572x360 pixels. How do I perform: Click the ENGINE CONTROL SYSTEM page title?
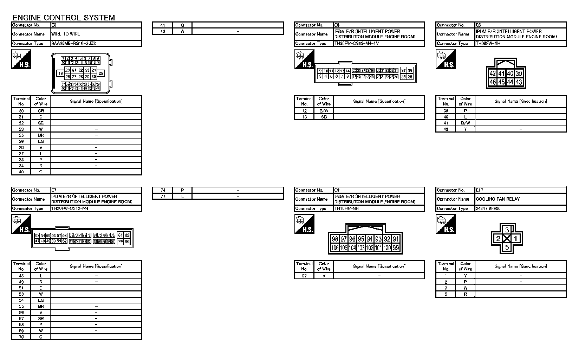[64, 18]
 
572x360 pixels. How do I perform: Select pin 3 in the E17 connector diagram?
[507, 230]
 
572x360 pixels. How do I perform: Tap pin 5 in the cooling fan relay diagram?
[507, 247]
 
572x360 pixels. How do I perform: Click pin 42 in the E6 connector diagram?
[493, 73]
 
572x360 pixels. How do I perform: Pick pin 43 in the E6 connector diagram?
[519, 82]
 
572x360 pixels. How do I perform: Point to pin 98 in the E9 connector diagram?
[335, 239]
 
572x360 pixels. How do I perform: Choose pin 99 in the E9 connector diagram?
[396, 247]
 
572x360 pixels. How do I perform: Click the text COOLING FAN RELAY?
[498, 199]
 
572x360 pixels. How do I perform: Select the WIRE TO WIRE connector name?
[66, 34]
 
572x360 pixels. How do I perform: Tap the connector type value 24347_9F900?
[488, 208]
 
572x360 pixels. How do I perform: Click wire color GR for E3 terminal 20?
[41, 111]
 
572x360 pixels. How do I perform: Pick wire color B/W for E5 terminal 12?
[324, 111]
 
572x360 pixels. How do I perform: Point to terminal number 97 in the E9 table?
[304, 276]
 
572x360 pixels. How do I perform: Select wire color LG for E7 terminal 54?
[41, 301]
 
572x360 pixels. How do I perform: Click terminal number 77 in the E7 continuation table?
[163, 197]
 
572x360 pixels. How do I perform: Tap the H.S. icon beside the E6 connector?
[446, 59]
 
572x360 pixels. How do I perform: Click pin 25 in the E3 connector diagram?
[101, 73]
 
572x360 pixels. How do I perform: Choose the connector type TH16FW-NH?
[346, 208]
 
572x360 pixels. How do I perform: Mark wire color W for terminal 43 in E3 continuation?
[182, 31]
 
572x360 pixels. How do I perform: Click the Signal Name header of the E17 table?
[520, 266]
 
